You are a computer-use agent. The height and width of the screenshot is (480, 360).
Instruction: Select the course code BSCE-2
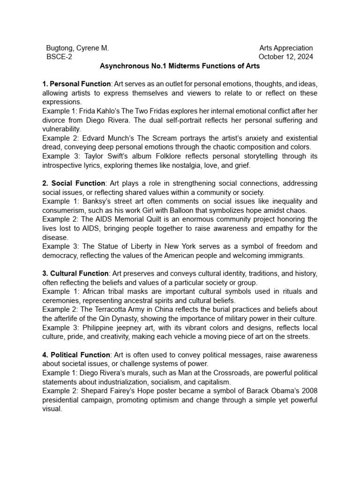59,57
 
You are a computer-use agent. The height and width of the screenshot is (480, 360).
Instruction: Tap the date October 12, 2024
286,57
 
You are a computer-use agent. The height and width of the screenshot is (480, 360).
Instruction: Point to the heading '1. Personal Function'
76,84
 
